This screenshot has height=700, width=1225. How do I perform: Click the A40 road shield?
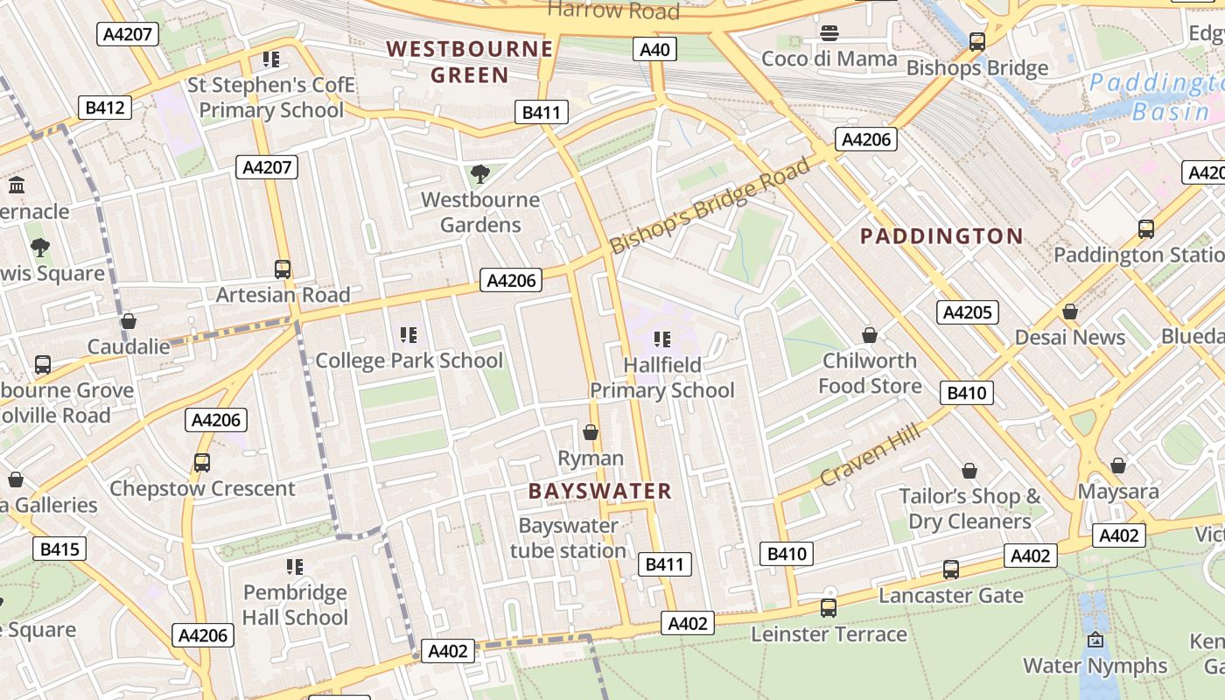pos(654,49)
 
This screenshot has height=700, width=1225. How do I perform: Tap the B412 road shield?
pos(105,108)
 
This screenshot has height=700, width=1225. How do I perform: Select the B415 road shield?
pos(59,549)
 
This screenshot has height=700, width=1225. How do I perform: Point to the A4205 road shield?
pos(967,312)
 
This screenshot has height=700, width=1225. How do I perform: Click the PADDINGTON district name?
pos(941,236)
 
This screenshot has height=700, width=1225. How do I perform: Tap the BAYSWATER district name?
pos(600,492)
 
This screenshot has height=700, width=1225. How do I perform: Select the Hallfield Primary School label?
pos(662,377)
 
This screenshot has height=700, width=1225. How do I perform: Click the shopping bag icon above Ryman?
pos(591,432)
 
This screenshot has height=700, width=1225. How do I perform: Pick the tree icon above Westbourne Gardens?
pos(479,174)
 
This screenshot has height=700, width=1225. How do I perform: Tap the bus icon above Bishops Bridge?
pos(977,41)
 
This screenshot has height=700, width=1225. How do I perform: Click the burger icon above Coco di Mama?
pos(829,33)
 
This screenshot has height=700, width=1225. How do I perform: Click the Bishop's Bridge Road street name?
pos(710,206)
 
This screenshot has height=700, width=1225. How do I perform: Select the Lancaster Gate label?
pos(950,596)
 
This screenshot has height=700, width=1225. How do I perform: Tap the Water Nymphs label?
pos(1095,666)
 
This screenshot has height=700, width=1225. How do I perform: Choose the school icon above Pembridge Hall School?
pos(295,567)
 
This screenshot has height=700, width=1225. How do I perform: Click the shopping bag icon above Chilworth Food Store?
pos(870,335)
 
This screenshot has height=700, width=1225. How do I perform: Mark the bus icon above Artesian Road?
pos(283,269)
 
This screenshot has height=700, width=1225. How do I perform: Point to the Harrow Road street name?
pos(612,10)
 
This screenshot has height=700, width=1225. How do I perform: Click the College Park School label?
pos(409,360)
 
